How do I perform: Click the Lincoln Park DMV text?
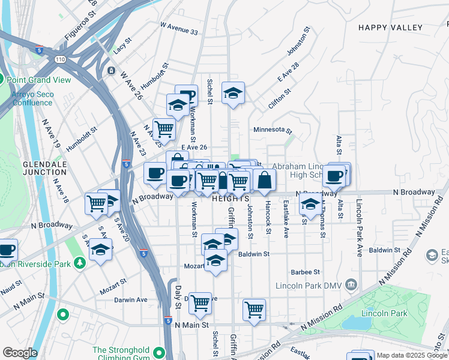(x=308, y=286)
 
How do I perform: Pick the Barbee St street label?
(x=305, y=272)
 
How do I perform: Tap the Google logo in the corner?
(x=20, y=353)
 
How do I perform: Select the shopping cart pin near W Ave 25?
(x=163, y=128)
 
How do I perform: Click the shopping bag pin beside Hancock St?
(x=264, y=179)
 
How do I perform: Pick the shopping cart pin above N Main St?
(x=254, y=310)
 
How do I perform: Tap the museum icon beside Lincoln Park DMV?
(x=352, y=284)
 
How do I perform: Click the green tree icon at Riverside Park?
(x=79, y=263)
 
